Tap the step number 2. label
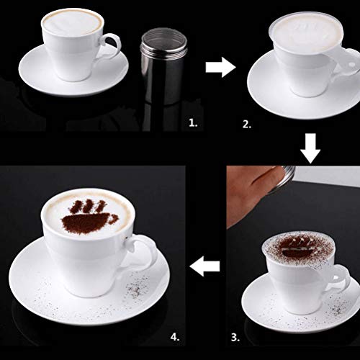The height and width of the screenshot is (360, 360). pyautogui.click(x=247, y=124)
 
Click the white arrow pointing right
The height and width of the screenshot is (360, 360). pyautogui.click(x=220, y=68)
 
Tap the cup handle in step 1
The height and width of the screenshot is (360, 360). pyautogui.click(x=110, y=45)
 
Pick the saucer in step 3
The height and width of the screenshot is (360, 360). pyautogui.click(x=259, y=302)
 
